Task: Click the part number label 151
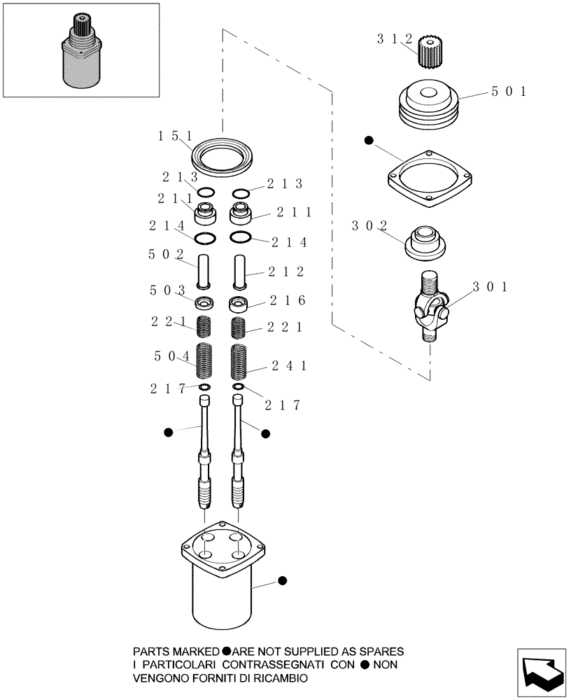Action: point(174,136)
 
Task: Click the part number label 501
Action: point(508,92)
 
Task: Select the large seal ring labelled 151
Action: point(223,156)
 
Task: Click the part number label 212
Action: point(285,272)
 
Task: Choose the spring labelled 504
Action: point(204,360)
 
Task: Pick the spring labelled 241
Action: point(239,361)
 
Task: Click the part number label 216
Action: point(285,300)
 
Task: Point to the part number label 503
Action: point(167,290)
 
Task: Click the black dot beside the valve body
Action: point(282,580)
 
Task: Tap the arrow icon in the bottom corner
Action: point(542,673)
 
